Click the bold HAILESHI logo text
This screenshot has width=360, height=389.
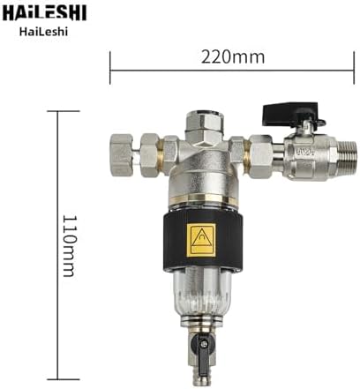45,12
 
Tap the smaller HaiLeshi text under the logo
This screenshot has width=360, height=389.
44,32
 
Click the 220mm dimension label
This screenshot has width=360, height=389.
233,57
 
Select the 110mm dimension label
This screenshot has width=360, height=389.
70,246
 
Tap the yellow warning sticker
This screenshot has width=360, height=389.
201,240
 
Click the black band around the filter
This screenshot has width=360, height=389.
203,241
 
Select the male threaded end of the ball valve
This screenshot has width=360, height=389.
346,158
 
